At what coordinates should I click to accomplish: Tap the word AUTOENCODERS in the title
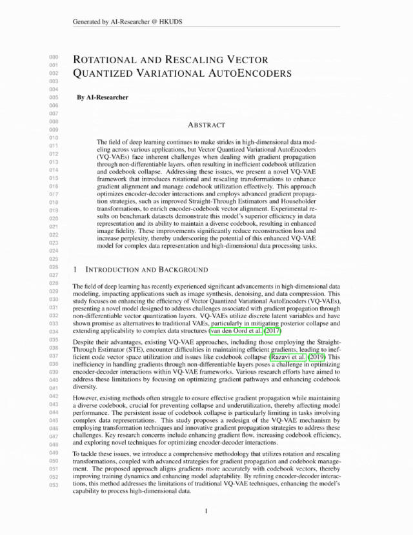click(x=250, y=73)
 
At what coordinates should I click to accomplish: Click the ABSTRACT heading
click(x=206, y=125)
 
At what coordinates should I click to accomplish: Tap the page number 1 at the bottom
click(x=206, y=511)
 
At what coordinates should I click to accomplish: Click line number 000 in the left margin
click(x=54, y=57)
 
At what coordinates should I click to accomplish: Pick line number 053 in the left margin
click(x=54, y=485)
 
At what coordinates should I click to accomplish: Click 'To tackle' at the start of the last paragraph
click(x=87, y=455)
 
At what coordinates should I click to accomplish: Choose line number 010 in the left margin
click(x=54, y=138)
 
